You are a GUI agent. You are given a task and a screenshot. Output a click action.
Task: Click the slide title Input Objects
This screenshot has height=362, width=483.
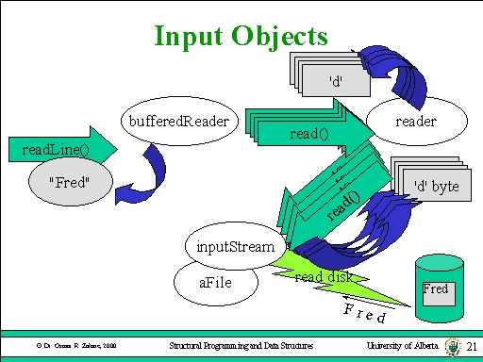click(241, 36)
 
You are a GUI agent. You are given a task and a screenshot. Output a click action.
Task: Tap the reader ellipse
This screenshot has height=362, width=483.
click(415, 121)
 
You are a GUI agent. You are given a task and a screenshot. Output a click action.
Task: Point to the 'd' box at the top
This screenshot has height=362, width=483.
click(335, 81)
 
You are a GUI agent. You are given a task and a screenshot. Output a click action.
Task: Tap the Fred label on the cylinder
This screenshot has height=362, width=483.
click(436, 289)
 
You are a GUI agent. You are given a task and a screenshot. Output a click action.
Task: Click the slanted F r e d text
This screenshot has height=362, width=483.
click(364, 312)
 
